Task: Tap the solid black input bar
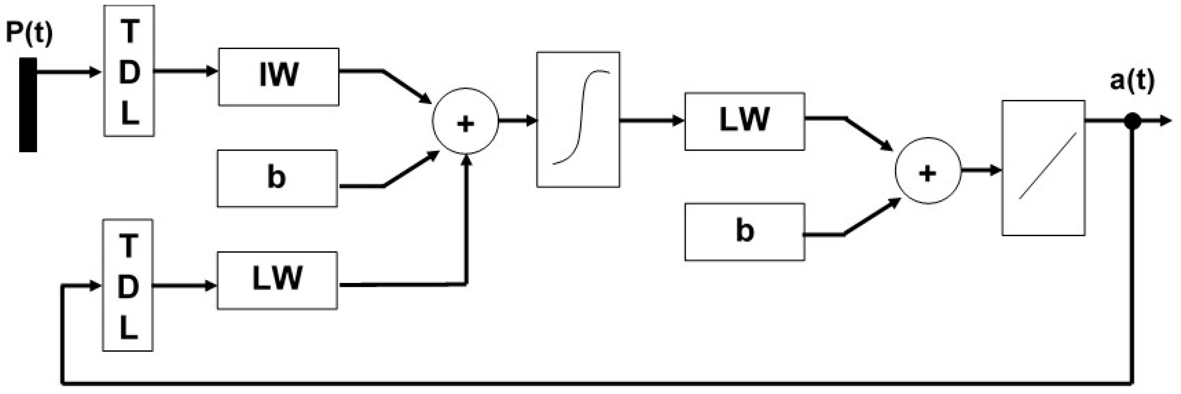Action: point(28,104)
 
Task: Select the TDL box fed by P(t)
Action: point(129,71)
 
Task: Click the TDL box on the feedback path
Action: point(128,285)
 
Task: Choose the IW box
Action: point(279,77)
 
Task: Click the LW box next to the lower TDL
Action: point(277,280)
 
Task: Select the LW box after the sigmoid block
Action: point(745,121)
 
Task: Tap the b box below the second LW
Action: point(745,232)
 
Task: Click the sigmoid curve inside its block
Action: point(581,117)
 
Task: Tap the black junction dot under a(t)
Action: point(1132,122)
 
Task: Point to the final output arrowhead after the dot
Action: point(1166,122)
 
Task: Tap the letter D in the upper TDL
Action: point(129,73)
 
